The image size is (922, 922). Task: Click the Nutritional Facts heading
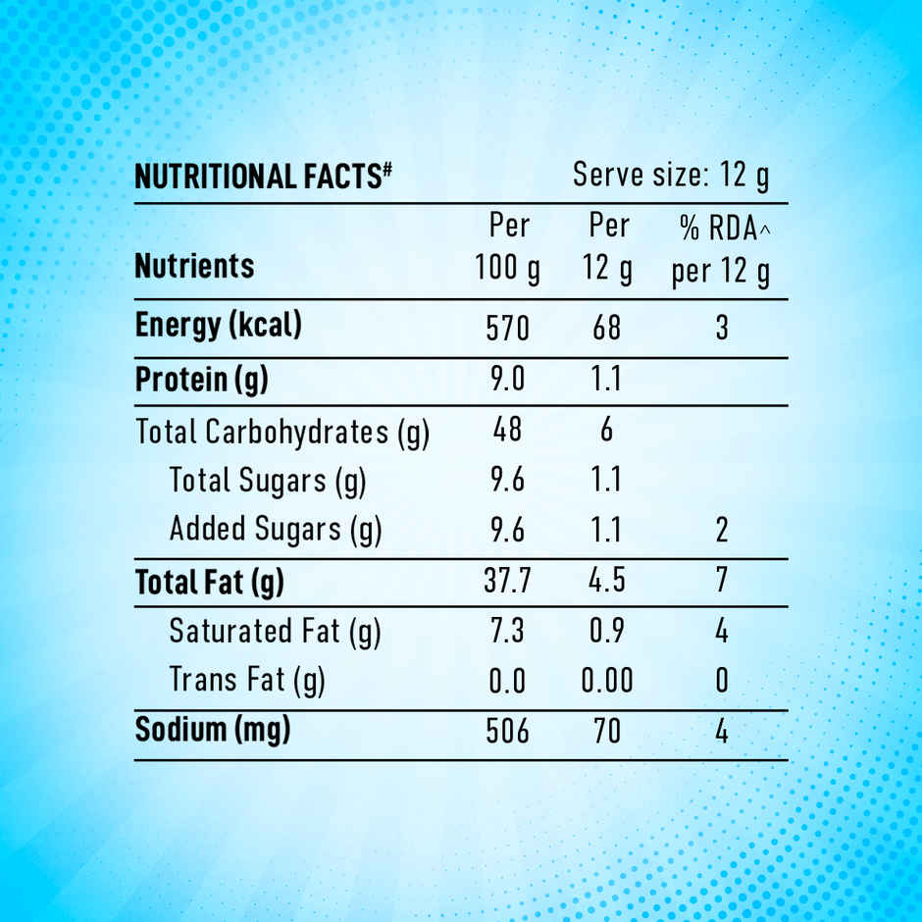pos(263,177)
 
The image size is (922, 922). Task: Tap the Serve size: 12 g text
pos(671,176)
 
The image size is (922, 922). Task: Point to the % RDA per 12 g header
pos(721,250)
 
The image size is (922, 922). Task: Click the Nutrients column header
pos(194,266)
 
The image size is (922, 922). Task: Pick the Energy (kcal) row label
pos(218,326)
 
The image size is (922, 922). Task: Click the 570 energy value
pos(508,328)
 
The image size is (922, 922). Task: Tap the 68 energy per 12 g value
pos(607,328)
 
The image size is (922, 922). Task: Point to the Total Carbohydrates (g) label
pos(282,432)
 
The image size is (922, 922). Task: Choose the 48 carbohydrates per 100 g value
pos(508,431)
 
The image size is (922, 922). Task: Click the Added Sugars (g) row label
pos(275,530)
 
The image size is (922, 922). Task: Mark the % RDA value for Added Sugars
pos(722,531)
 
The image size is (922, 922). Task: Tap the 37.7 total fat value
pos(508,581)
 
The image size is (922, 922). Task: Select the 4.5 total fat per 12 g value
pos(607,581)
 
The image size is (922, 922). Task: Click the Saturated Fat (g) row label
pos(275,631)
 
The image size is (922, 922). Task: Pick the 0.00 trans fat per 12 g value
pos(607,680)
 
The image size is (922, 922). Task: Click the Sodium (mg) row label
pos(213,731)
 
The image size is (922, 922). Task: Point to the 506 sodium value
pos(508,732)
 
